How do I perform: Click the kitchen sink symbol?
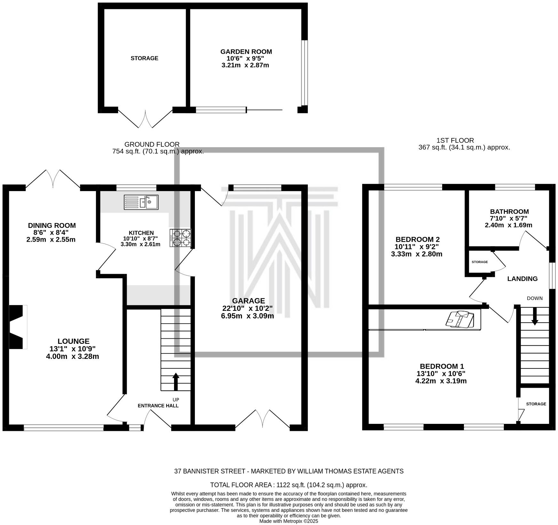pos(141,202)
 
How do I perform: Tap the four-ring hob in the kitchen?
pos(180,238)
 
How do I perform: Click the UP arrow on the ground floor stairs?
pos(176,382)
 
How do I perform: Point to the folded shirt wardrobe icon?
pos(461,319)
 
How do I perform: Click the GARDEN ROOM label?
pos(246,52)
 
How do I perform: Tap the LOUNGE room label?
pos(74,341)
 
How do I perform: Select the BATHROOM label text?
pos(509,212)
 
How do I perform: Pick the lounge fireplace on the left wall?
pos(18,327)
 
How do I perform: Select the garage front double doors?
pos(262,418)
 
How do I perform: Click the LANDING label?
pos(522,279)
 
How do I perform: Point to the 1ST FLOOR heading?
pos(455,140)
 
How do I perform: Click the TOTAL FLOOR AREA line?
pos(288,485)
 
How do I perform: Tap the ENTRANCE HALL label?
pos(158,406)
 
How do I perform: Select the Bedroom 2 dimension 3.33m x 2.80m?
pos(417,254)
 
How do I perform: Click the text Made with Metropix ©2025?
pos(289,521)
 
